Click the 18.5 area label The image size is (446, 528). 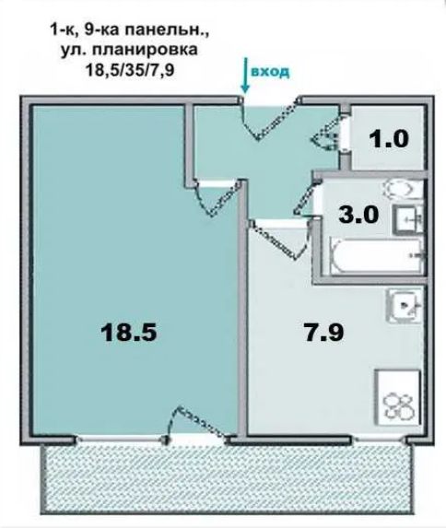click(x=129, y=332)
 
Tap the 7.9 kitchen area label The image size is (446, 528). click(x=324, y=332)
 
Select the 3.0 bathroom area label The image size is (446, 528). click(x=358, y=215)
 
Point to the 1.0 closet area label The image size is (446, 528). click(x=389, y=139)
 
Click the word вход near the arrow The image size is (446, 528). click(x=270, y=72)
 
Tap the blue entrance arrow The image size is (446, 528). click(x=245, y=75)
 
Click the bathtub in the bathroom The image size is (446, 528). click(x=377, y=255)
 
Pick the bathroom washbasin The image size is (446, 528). click(x=407, y=219)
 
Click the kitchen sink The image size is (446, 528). click(x=405, y=306)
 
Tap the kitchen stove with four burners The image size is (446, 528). click(x=397, y=397)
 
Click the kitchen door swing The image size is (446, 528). click(x=280, y=239)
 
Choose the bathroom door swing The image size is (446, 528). click(x=306, y=199)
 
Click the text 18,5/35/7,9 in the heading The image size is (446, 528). click(x=130, y=70)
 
